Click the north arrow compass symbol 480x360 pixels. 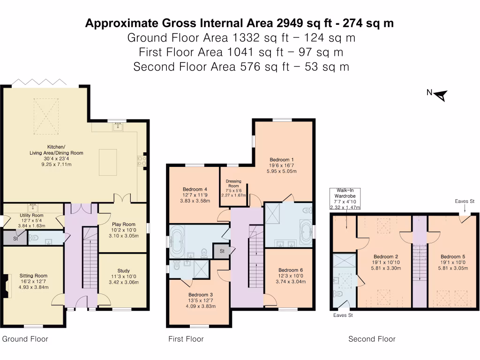(x=441, y=95)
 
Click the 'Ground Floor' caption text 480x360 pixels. (x=25, y=339)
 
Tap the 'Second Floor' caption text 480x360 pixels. (x=372, y=339)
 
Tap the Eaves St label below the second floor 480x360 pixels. (x=343, y=315)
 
